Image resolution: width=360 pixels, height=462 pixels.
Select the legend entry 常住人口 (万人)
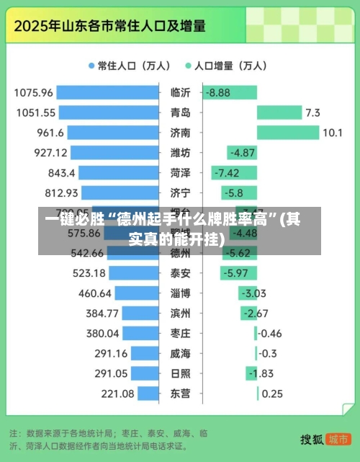pos(129,66)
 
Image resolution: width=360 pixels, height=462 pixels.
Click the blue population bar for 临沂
pos(108,92)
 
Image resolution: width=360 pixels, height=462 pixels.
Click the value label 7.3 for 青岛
pos(312,112)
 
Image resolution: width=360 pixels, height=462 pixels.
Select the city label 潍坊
pos(180,153)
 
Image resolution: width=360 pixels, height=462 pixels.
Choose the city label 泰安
pos(180,273)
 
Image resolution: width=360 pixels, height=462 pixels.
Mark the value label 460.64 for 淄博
pos(94,293)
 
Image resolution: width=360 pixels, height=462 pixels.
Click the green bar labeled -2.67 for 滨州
pos(248,314)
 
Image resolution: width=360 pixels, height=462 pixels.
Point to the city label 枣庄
pos(180,334)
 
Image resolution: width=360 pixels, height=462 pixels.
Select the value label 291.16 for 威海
pos(111,353)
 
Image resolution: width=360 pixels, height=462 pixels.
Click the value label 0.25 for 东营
pos(272,394)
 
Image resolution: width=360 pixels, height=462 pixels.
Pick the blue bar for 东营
pos(148,394)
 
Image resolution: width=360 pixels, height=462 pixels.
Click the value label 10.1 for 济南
pos(333,133)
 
